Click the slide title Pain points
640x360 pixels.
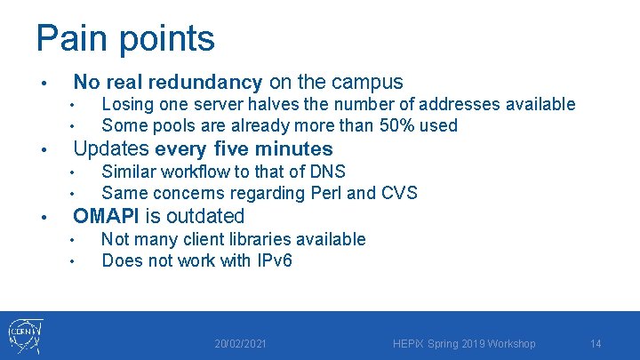pos(124,39)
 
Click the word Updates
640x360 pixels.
pos(111,149)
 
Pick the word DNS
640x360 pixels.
pos(328,172)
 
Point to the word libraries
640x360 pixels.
pos(267,239)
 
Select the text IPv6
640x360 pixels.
pos(271,260)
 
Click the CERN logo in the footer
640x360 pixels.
pos(25,335)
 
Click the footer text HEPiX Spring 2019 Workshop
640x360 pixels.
pos(465,344)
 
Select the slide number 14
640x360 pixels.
pos(596,344)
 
